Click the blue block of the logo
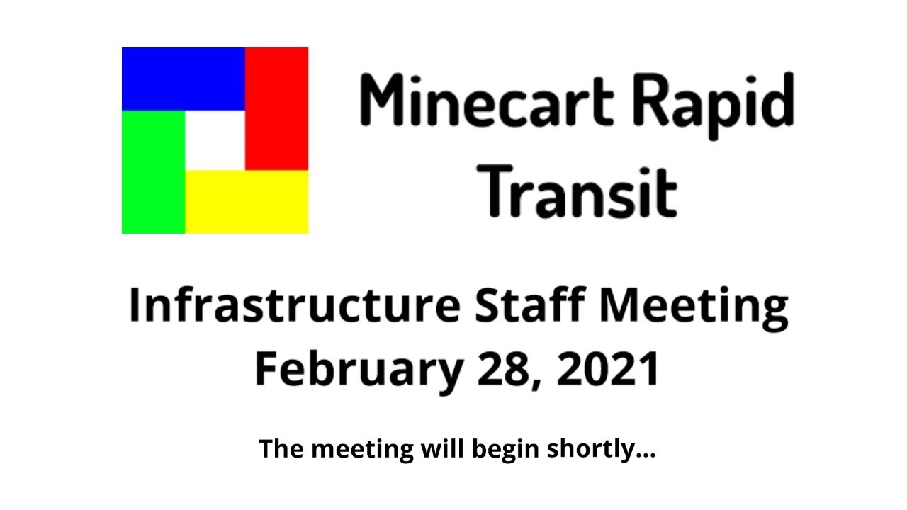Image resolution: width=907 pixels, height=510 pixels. pyautogui.click(x=183, y=79)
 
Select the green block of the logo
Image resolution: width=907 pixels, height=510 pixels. pyautogui.click(x=153, y=172)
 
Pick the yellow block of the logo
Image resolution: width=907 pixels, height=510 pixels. pyautogui.click(x=247, y=202)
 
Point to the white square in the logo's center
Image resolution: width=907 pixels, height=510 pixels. pyautogui.click(x=215, y=140)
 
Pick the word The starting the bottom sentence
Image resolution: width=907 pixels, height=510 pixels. pyautogui.click(x=281, y=448)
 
